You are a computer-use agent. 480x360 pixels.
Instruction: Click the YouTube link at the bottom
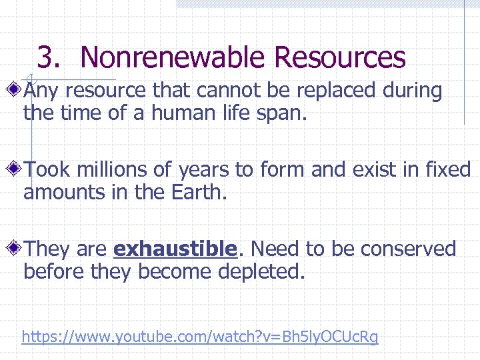tap(199, 337)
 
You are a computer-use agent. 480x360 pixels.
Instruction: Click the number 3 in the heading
tap(45, 57)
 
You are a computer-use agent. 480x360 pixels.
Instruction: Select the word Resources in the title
tap(339, 57)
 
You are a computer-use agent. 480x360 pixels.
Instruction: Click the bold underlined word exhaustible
tap(175, 249)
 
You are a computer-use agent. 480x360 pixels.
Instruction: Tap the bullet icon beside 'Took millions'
tap(14, 169)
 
